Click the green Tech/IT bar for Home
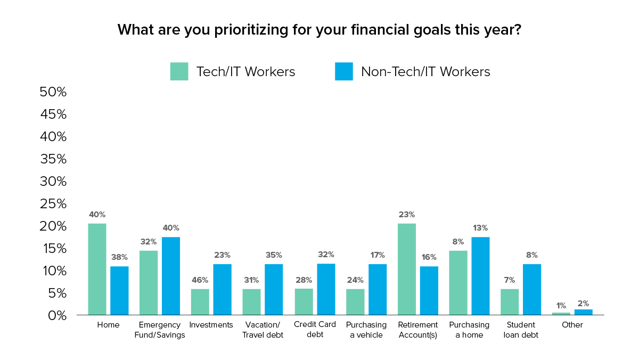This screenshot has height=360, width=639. pyautogui.click(x=97, y=269)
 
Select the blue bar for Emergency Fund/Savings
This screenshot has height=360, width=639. pyautogui.click(x=171, y=276)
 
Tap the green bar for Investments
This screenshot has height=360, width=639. pyautogui.click(x=200, y=302)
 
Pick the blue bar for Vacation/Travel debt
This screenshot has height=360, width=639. pyautogui.click(x=274, y=289)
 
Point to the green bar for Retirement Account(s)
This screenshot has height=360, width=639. pyautogui.click(x=407, y=269)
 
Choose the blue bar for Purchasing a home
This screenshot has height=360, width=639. pyautogui.click(x=480, y=276)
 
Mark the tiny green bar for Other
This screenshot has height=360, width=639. pyautogui.click(x=561, y=314)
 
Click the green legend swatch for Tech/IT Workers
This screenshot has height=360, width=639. pyautogui.click(x=179, y=71)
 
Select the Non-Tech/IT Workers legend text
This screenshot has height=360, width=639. pyautogui.click(x=425, y=71)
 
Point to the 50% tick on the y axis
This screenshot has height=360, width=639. pyautogui.click(x=53, y=92)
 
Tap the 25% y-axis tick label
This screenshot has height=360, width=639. pyautogui.click(x=53, y=203)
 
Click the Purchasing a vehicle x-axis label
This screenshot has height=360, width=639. pyautogui.click(x=366, y=329)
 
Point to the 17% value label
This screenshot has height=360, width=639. pyautogui.click(x=377, y=255)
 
